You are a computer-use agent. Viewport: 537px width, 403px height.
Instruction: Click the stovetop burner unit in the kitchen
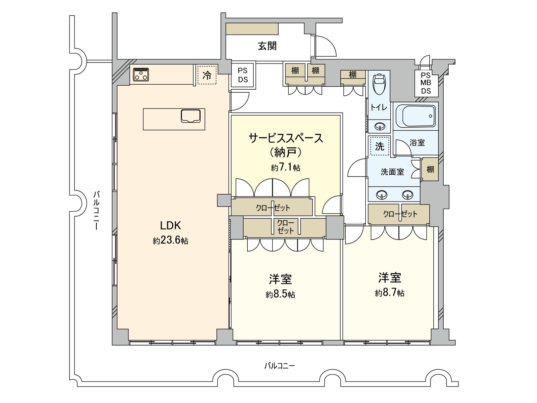click(x=141, y=74)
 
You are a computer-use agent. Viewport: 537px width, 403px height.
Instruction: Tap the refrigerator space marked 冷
click(x=207, y=75)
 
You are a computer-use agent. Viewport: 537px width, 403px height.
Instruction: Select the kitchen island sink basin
click(x=191, y=116)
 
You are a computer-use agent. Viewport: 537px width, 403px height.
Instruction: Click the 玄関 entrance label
click(x=267, y=46)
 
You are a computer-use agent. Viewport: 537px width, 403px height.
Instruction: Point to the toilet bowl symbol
click(x=379, y=84)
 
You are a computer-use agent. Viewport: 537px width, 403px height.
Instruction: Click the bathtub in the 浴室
click(x=416, y=116)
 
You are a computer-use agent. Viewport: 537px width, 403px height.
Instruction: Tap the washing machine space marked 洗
click(x=380, y=146)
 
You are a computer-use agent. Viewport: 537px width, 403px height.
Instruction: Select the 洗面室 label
click(x=392, y=172)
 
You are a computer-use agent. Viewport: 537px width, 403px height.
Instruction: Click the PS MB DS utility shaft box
click(x=426, y=83)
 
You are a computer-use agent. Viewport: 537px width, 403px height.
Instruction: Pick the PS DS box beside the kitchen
click(x=243, y=75)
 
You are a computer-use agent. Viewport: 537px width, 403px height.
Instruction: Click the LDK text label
click(x=170, y=226)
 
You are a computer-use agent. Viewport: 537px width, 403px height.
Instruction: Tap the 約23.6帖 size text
click(x=170, y=241)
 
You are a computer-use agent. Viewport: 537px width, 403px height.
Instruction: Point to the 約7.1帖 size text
click(x=286, y=168)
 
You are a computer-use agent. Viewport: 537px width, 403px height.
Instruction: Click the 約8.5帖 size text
click(x=280, y=295)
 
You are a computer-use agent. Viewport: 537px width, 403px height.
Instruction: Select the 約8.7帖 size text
click(x=390, y=293)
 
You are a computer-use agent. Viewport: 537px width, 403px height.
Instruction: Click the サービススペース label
click(x=286, y=138)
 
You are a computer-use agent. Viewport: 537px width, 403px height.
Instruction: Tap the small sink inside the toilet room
click(x=380, y=127)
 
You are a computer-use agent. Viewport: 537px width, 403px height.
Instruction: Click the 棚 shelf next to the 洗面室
click(x=430, y=169)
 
